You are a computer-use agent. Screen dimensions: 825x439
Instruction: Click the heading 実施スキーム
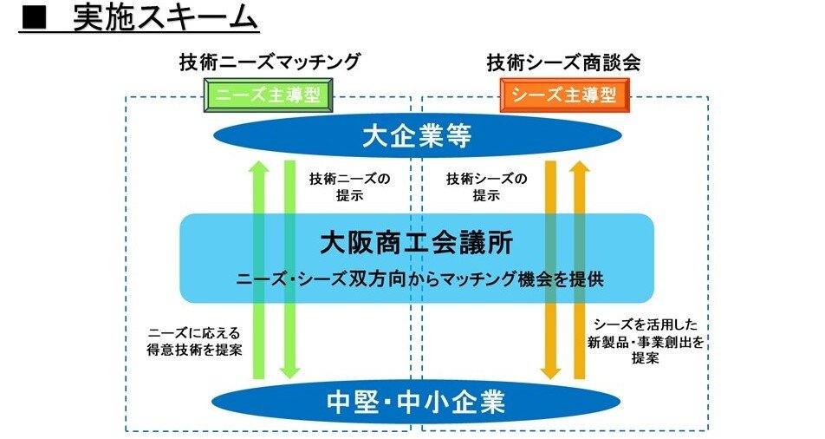pos(165,19)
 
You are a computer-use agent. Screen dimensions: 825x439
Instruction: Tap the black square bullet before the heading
pos(34,20)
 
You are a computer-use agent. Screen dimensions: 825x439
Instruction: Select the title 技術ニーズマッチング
pos(270,62)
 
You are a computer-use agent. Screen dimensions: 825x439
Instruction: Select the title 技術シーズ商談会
pos(563,62)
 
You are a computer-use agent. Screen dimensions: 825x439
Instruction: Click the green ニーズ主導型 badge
pos(268,95)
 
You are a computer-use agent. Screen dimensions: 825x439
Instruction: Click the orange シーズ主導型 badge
pos(564,95)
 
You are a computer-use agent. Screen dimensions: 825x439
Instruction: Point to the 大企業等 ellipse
pos(417,136)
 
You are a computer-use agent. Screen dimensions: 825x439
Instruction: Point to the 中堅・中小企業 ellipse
pos(416,402)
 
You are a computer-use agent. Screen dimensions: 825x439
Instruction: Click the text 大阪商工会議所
pos(417,243)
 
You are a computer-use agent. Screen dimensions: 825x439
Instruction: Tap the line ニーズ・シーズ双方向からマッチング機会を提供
pos(419,278)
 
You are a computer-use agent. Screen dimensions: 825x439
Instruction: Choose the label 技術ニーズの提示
pos(350,187)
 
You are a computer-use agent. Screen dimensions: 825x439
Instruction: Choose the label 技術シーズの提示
pos(487,187)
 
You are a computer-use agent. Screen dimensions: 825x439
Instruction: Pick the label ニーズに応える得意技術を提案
pos(194,342)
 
